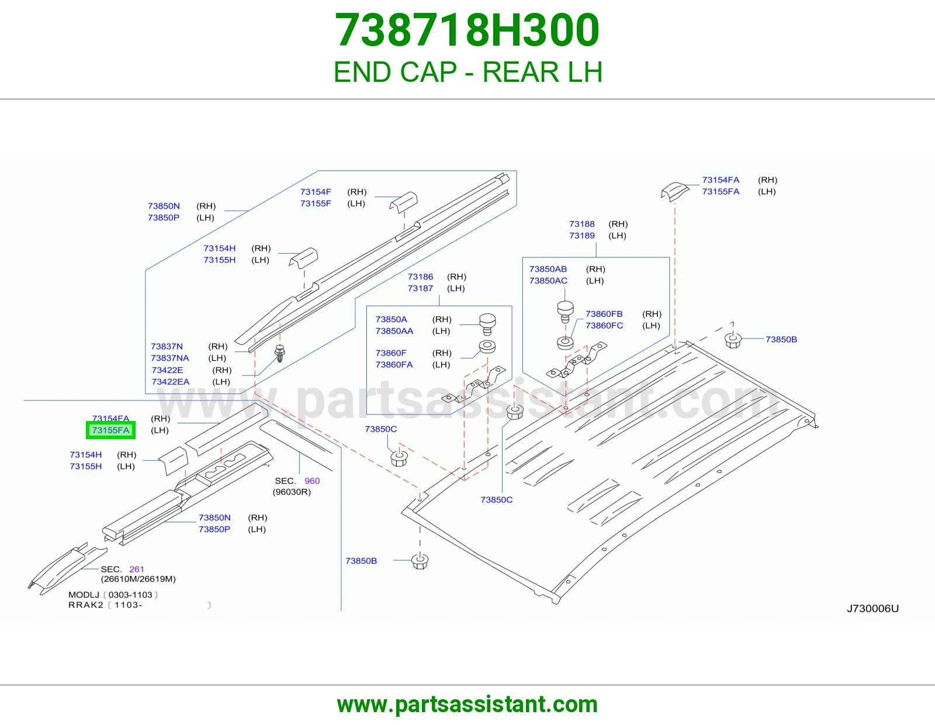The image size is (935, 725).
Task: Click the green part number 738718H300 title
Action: click(x=467, y=30)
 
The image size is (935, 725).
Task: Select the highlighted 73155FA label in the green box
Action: click(x=110, y=430)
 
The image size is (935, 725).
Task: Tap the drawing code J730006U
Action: click(x=872, y=608)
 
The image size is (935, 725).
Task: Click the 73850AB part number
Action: click(x=548, y=269)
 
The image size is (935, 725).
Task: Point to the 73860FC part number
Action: click(x=604, y=326)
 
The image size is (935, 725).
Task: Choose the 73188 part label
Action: click(x=581, y=224)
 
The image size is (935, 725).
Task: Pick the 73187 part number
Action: click(x=420, y=288)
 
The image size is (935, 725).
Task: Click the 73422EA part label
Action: click(x=171, y=381)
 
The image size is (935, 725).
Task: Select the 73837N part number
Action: click(x=167, y=346)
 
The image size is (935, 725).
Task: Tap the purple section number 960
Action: click(x=312, y=481)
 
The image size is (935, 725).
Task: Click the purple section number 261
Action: click(x=137, y=569)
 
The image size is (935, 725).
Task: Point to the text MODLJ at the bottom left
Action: click(x=84, y=595)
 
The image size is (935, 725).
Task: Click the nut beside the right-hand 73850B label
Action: click(x=732, y=340)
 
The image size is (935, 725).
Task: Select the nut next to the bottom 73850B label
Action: click(x=420, y=561)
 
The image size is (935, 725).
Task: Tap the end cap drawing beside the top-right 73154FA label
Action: click(x=675, y=191)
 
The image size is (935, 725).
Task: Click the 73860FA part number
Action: click(x=394, y=365)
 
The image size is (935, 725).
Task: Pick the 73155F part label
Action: click(x=316, y=203)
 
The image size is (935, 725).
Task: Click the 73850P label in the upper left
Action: click(x=164, y=217)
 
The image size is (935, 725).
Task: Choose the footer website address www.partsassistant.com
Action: click(x=467, y=705)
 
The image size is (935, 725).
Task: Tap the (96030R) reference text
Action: click(x=292, y=492)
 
